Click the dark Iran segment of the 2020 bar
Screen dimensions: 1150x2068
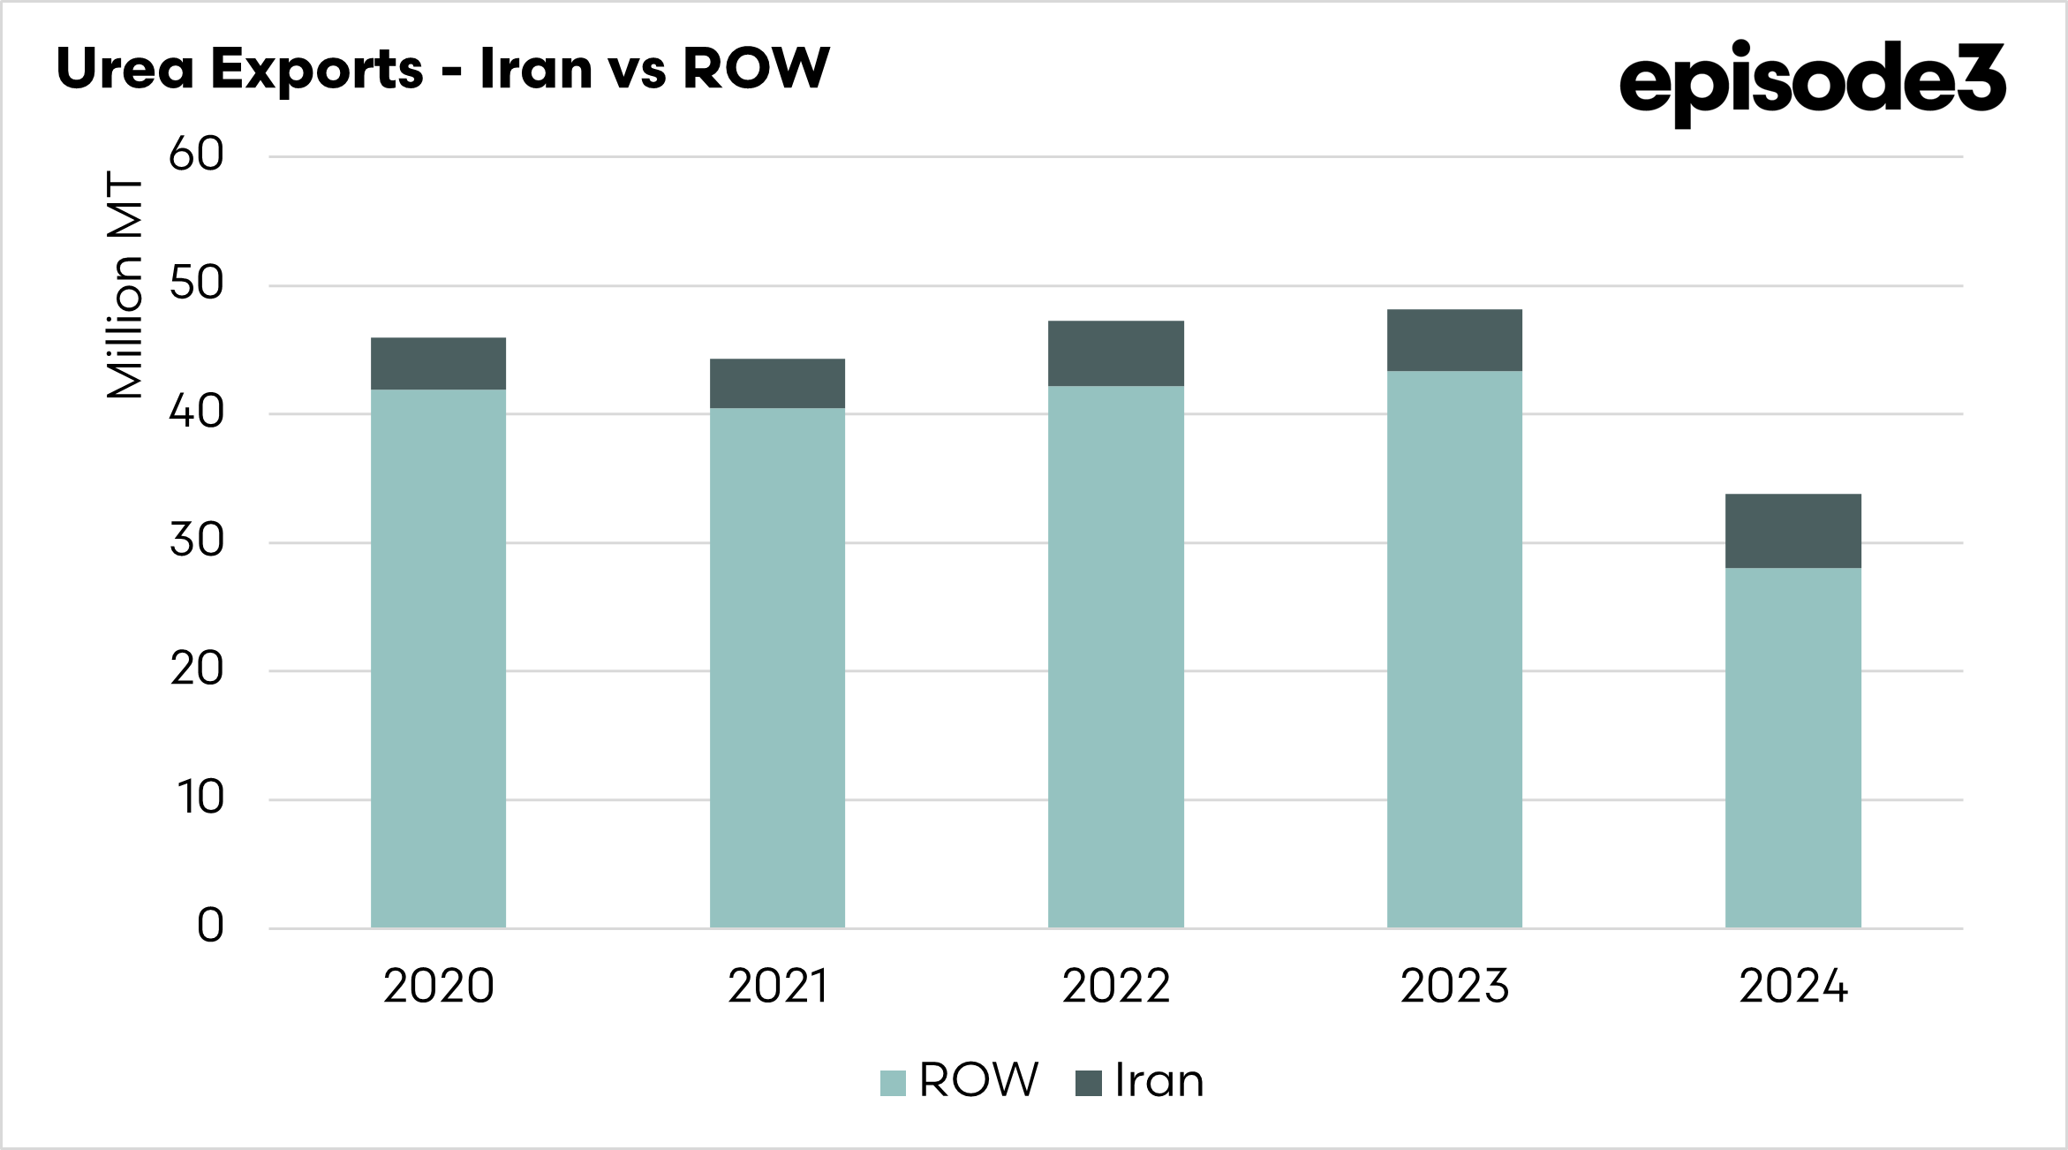(438, 364)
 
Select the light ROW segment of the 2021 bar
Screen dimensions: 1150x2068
(777, 667)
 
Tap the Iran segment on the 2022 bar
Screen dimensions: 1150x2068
(1115, 353)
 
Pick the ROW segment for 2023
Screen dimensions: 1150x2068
(1454, 649)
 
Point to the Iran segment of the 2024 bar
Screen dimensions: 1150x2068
(1793, 531)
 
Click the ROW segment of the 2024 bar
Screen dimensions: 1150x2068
(1793, 747)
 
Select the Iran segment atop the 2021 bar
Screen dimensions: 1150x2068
(777, 383)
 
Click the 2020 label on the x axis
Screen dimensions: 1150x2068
(438, 986)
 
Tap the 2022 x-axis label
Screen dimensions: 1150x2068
(1115, 986)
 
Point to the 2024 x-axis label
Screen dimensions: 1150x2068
(1793, 986)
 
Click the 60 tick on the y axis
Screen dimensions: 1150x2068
(196, 155)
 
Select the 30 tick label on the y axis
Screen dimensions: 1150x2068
(196, 541)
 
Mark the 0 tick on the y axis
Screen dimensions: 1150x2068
(210, 926)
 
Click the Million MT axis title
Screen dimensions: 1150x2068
(125, 284)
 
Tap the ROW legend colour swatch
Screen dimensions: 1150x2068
(893, 1083)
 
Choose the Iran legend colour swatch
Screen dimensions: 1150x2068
(1088, 1083)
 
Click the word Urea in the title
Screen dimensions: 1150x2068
(125, 69)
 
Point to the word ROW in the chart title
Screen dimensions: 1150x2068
(756, 69)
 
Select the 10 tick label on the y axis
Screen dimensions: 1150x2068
(201, 798)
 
